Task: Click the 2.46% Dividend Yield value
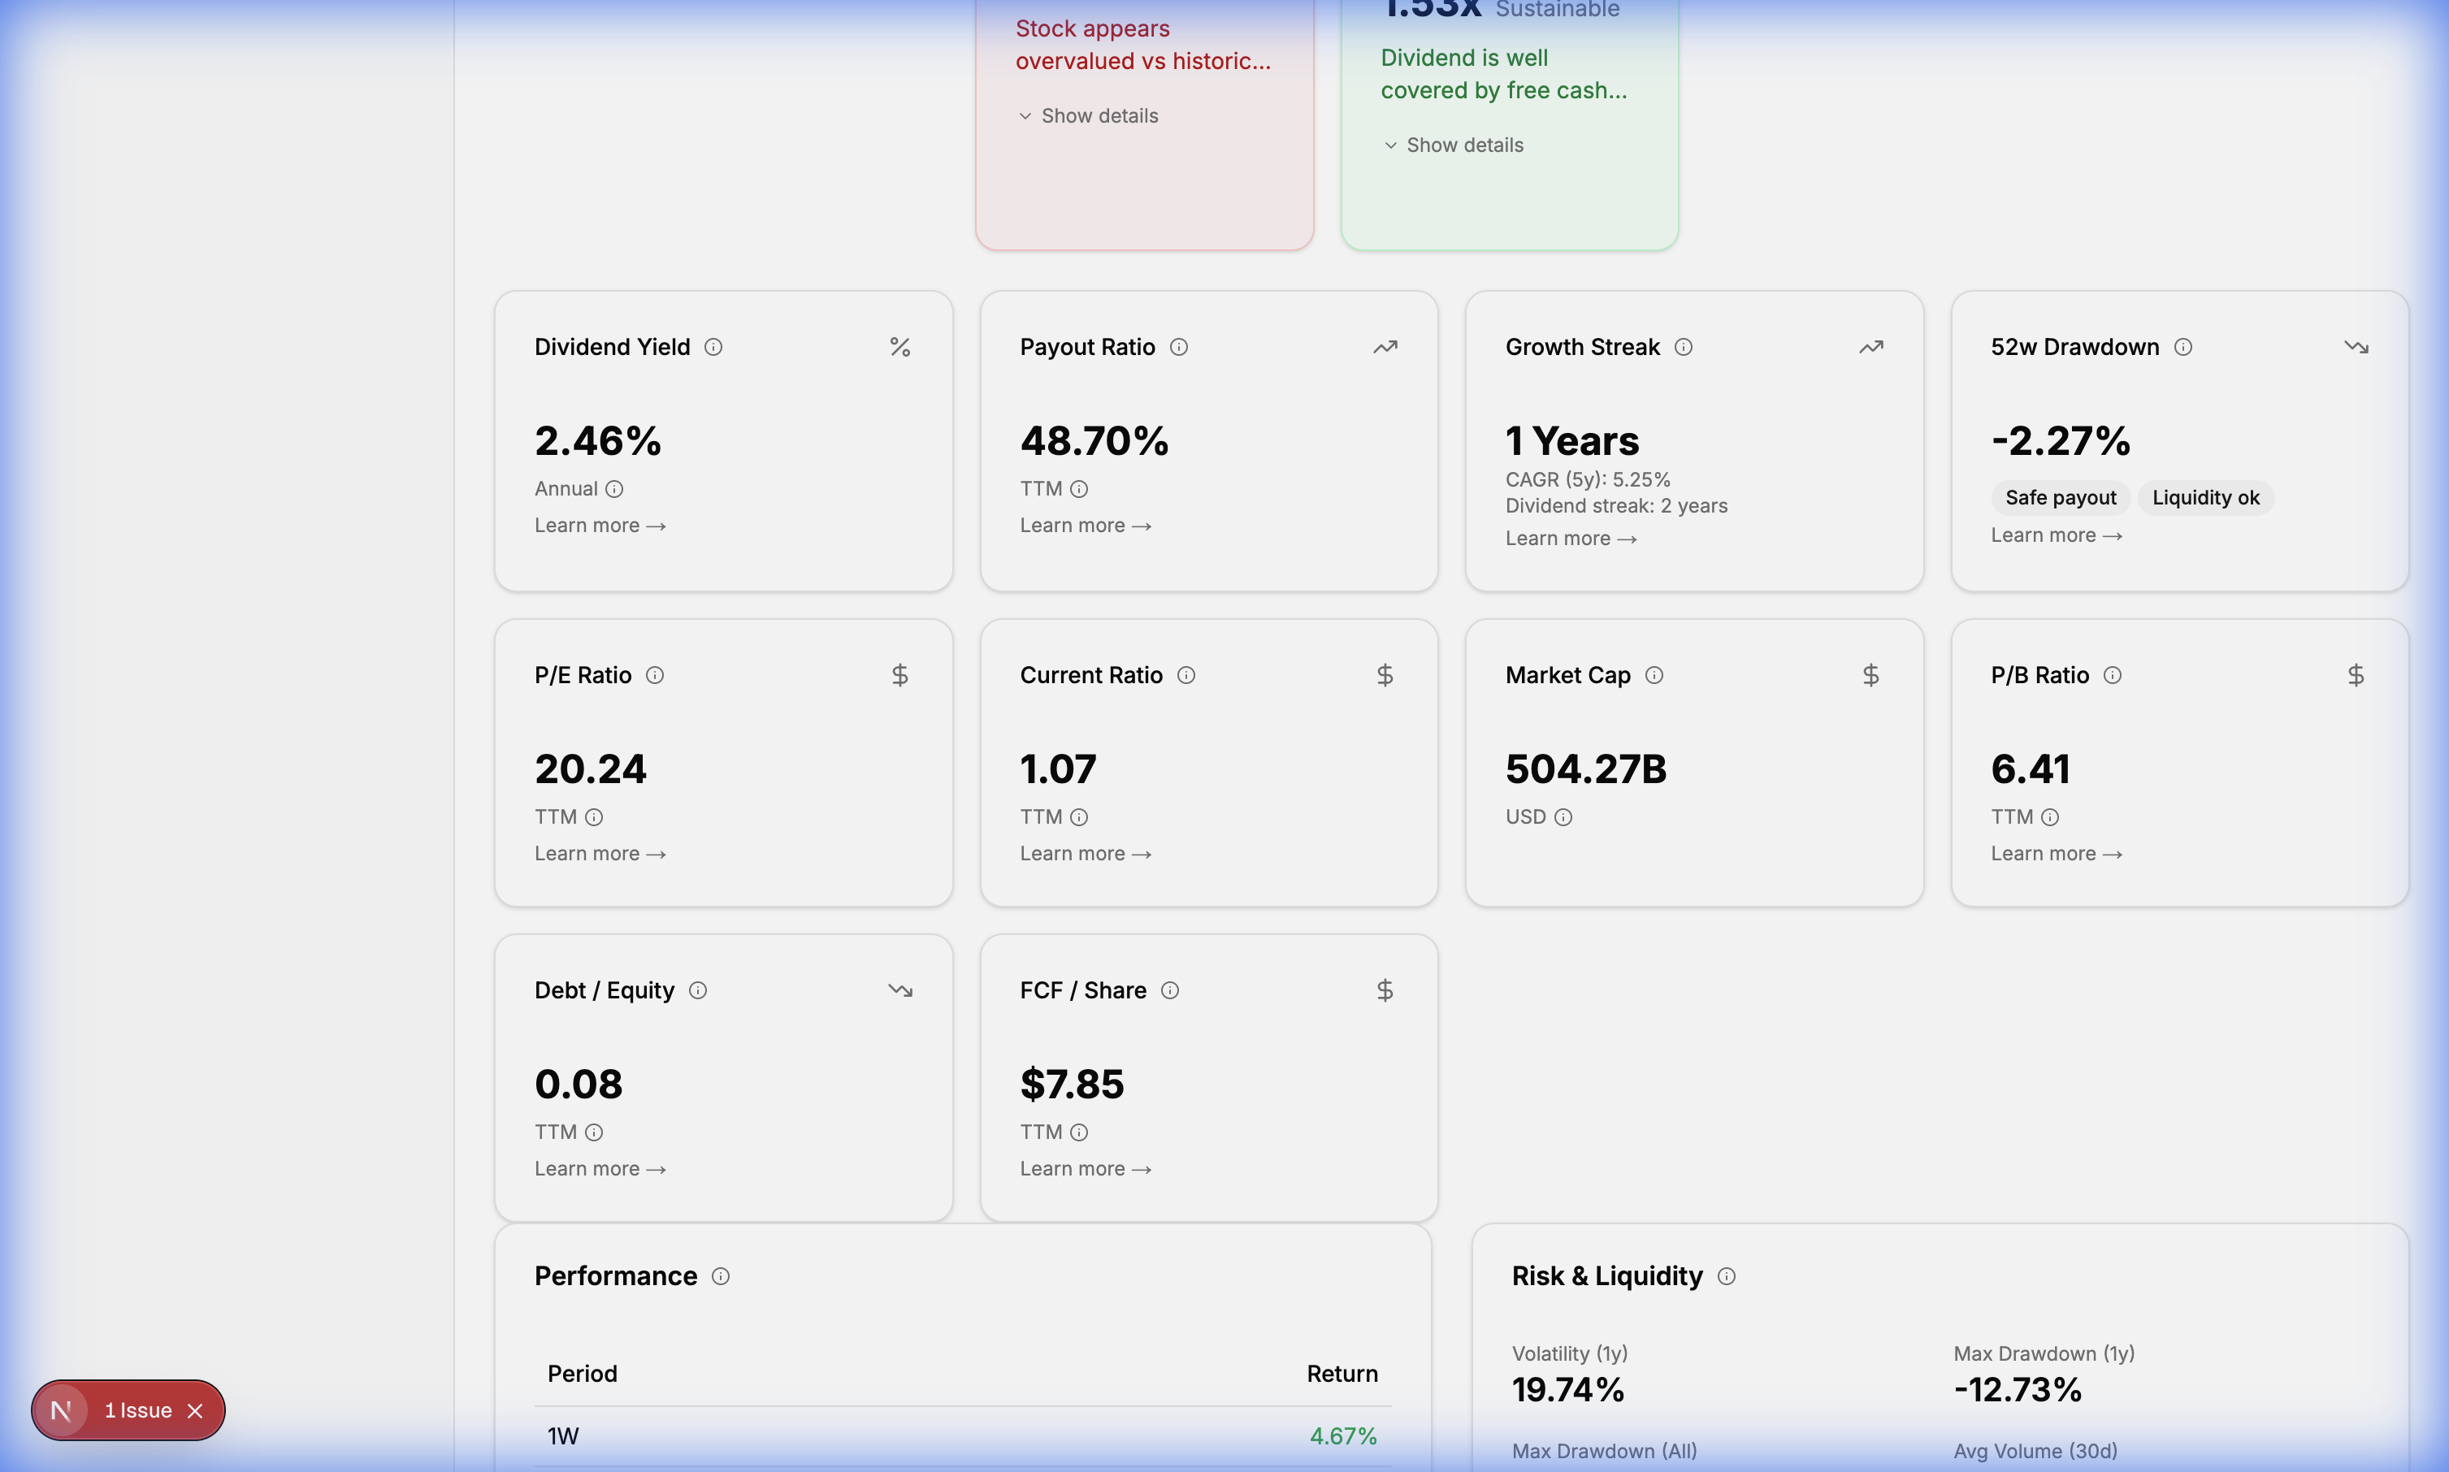(x=597, y=441)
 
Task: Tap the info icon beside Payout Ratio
(x=1178, y=347)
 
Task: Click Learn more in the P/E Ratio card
(x=599, y=854)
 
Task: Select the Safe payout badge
(x=2060, y=498)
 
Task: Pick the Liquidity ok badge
(x=2205, y=498)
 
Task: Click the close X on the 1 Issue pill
(x=195, y=1410)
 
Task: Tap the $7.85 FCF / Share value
(x=1071, y=1085)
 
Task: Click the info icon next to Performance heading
(x=721, y=1276)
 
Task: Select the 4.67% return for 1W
(x=1342, y=1436)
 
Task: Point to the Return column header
(x=1341, y=1374)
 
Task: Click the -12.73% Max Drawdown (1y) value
(x=2017, y=1390)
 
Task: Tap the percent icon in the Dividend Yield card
(x=899, y=347)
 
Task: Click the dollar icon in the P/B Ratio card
(x=2355, y=676)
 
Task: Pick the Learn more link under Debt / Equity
(x=599, y=1170)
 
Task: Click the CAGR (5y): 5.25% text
(x=1587, y=480)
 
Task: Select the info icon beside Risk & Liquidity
(x=1726, y=1276)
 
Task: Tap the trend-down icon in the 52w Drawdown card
(x=2356, y=347)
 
